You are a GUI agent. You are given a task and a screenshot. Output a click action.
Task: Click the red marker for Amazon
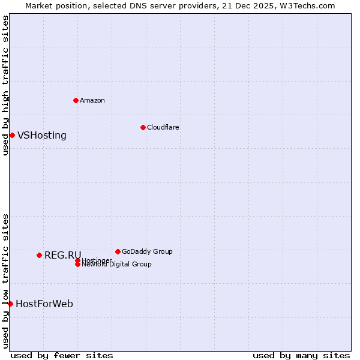76,100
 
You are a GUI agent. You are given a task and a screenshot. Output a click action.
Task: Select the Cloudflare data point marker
143,127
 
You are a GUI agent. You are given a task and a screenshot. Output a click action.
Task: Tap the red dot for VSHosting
12,135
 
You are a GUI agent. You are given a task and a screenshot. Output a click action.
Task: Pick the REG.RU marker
39,255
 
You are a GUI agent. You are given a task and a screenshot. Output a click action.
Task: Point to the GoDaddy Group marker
118,251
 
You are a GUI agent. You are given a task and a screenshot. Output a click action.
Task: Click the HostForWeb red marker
10,304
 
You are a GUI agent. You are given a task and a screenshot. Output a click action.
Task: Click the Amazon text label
92,100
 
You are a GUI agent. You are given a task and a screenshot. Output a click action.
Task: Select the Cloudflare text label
163,127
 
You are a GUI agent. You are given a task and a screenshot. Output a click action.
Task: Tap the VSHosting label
42,136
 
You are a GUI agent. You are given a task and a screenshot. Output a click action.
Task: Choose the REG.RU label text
62,256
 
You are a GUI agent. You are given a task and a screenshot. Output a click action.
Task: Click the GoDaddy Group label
147,251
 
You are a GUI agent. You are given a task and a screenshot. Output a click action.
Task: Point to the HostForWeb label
44,304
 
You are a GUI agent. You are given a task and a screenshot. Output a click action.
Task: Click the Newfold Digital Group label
117,264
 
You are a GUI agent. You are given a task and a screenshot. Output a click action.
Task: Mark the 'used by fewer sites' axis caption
62,355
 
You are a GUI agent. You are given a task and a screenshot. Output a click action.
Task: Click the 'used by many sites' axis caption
301,355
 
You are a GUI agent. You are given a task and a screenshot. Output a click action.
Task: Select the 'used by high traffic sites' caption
6,85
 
